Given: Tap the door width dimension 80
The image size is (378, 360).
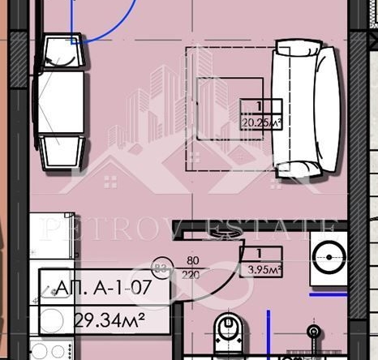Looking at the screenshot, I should (193, 261).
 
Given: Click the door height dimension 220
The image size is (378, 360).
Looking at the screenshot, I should (193, 274).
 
